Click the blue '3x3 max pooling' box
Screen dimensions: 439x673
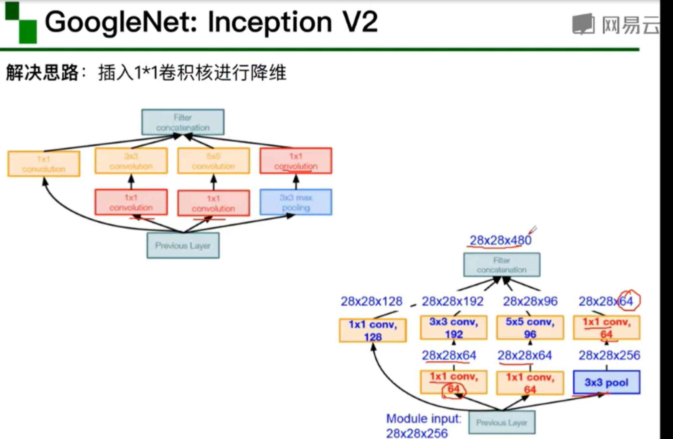296,202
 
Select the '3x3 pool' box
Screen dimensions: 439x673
607,382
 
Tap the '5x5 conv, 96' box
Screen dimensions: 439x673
530,328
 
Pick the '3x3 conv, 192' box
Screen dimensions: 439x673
453,328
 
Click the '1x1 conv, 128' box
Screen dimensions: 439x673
373,330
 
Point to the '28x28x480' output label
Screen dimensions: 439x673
500,240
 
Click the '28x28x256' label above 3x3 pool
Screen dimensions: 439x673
609,355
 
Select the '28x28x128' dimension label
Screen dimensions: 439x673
371,301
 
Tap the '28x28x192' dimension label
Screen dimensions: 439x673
452,301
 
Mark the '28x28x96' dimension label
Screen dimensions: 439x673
530,301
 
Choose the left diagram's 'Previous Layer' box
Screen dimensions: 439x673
183,245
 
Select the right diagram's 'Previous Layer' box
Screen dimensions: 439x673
502,422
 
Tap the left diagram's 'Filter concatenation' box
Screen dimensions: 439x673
183,122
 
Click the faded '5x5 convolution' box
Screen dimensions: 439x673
214,161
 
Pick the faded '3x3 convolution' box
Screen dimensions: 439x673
131,161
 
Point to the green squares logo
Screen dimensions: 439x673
21,22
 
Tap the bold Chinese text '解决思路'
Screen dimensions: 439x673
42,72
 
